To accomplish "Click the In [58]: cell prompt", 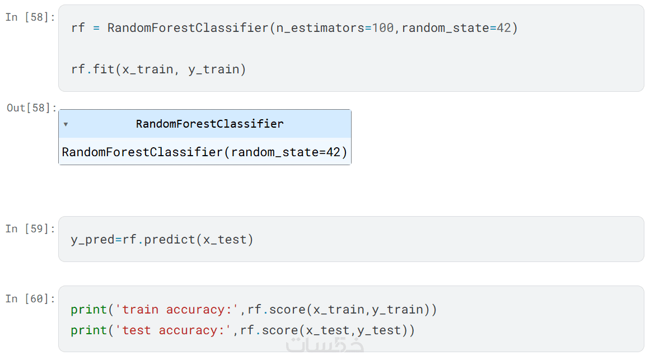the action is click(30, 17).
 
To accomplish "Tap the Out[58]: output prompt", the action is click(31, 108).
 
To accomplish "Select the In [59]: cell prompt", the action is click(30, 229).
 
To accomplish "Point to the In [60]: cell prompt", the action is click(30, 299).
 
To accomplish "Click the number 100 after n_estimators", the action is click(382, 28).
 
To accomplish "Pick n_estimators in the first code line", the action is click(320, 28).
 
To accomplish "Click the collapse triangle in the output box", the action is click(66, 124).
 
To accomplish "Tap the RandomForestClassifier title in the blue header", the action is click(210, 124).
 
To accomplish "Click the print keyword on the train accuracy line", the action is click(88, 310).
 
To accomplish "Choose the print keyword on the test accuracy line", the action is click(88, 330).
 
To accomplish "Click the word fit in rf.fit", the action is click(103, 69).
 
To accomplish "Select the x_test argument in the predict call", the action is click(225, 240).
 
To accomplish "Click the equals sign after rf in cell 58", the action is click(96, 28).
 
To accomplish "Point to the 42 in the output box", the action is click(333, 152).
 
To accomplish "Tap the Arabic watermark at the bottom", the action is click(325, 345).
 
